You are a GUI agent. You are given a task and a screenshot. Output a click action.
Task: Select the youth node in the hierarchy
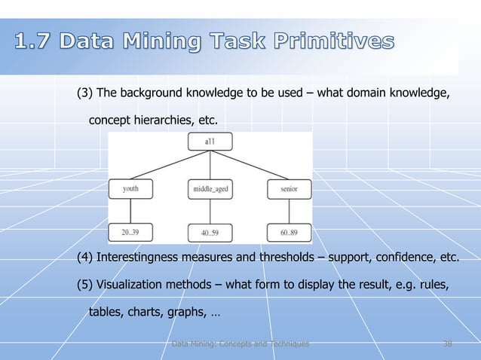coord(130,189)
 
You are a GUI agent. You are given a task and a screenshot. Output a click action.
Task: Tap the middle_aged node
coord(208,189)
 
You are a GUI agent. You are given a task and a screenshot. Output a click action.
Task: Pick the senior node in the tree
coord(289,189)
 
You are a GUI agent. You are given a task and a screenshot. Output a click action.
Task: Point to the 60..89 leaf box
coord(289,233)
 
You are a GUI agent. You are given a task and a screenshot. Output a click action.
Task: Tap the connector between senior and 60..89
coord(289,212)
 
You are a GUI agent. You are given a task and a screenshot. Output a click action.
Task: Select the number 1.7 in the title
coord(35,41)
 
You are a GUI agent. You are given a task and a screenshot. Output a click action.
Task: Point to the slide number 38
coord(448,344)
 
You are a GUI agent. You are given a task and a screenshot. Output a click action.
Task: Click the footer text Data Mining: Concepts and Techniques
coord(240,344)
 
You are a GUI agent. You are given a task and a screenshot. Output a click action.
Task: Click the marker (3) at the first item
coord(85,93)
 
